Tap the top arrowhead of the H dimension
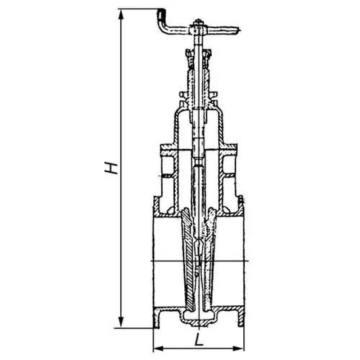(121, 14)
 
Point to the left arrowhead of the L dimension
(158, 348)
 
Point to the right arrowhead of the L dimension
(239, 348)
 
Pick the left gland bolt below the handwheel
(190, 59)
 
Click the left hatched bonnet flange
(169, 149)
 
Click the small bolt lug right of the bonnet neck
(213, 94)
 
